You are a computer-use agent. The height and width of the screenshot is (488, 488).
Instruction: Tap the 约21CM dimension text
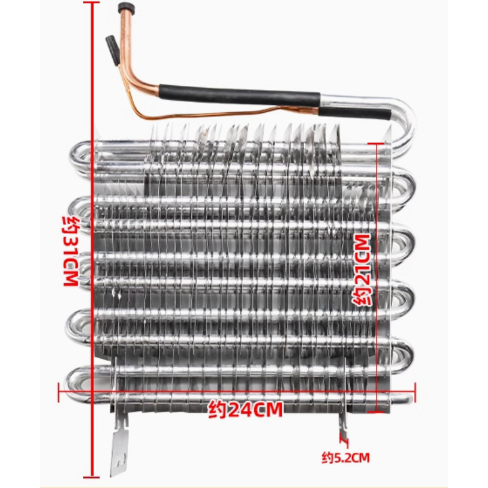(x=363, y=270)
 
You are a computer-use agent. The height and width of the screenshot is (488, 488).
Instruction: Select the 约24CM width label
(x=245, y=409)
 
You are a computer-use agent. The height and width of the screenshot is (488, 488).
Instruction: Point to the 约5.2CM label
(x=346, y=458)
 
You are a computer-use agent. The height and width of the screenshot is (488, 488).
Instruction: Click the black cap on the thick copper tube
(x=124, y=9)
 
